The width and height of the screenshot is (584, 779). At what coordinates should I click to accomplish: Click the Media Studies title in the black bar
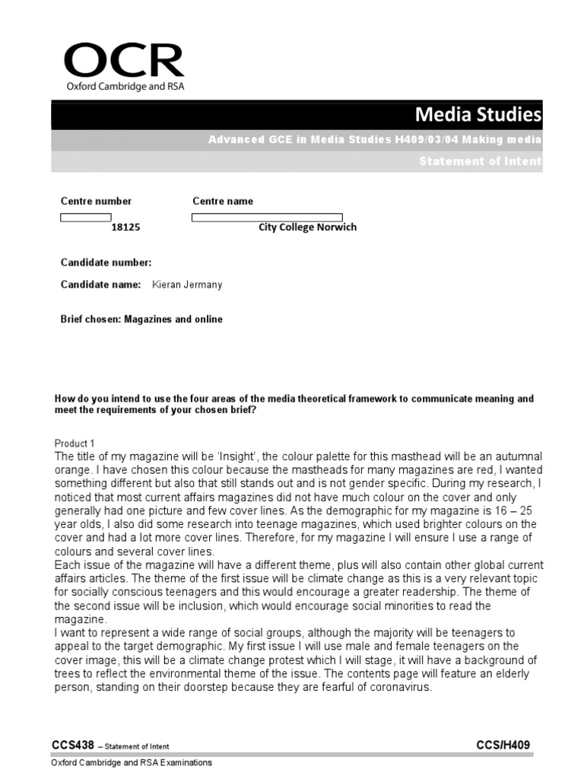point(478,114)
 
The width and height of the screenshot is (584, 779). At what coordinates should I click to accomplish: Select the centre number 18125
point(126,227)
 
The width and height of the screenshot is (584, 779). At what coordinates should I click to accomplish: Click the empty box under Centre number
point(85,217)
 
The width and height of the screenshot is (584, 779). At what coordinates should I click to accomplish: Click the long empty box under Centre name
point(267,217)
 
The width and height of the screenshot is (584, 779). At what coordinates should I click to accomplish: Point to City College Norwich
point(307,227)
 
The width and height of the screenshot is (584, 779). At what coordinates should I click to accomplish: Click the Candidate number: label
point(106,262)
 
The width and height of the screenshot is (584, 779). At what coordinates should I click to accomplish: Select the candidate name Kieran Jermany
point(188,285)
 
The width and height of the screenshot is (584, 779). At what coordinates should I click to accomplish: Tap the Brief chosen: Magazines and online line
point(141,320)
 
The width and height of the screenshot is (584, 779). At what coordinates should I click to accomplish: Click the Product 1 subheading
point(75,444)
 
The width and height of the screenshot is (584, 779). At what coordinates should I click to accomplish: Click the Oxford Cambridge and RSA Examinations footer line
point(132,762)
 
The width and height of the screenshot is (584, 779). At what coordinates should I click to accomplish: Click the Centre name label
point(223,201)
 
